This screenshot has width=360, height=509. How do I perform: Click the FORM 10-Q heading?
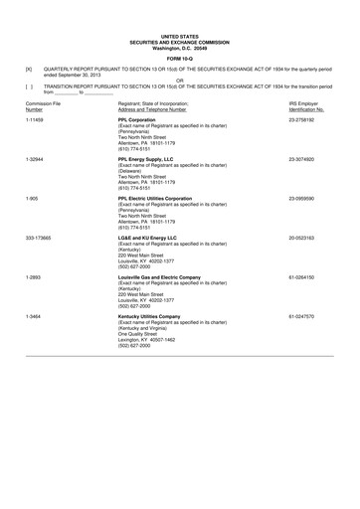coord(180,54)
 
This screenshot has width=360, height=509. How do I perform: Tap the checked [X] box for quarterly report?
coord(29,69)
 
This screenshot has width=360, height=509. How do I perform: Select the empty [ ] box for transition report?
coord(29,86)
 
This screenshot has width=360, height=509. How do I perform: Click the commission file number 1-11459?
coord(37,118)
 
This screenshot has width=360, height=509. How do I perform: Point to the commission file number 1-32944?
coord(37,158)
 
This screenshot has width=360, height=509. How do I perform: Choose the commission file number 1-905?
coord(32,198)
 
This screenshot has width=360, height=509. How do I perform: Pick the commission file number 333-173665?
coord(39,238)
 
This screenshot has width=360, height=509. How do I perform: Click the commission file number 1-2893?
coord(34,277)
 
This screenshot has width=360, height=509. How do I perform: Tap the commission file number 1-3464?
coord(34,317)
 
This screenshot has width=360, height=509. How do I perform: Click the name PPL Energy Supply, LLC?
coord(146,158)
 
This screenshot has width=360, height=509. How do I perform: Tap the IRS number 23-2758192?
coord(302,118)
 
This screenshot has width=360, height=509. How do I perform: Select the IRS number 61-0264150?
coord(302,277)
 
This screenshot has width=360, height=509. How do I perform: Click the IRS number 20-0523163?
coord(302,238)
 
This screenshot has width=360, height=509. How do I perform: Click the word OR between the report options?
coord(180,81)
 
